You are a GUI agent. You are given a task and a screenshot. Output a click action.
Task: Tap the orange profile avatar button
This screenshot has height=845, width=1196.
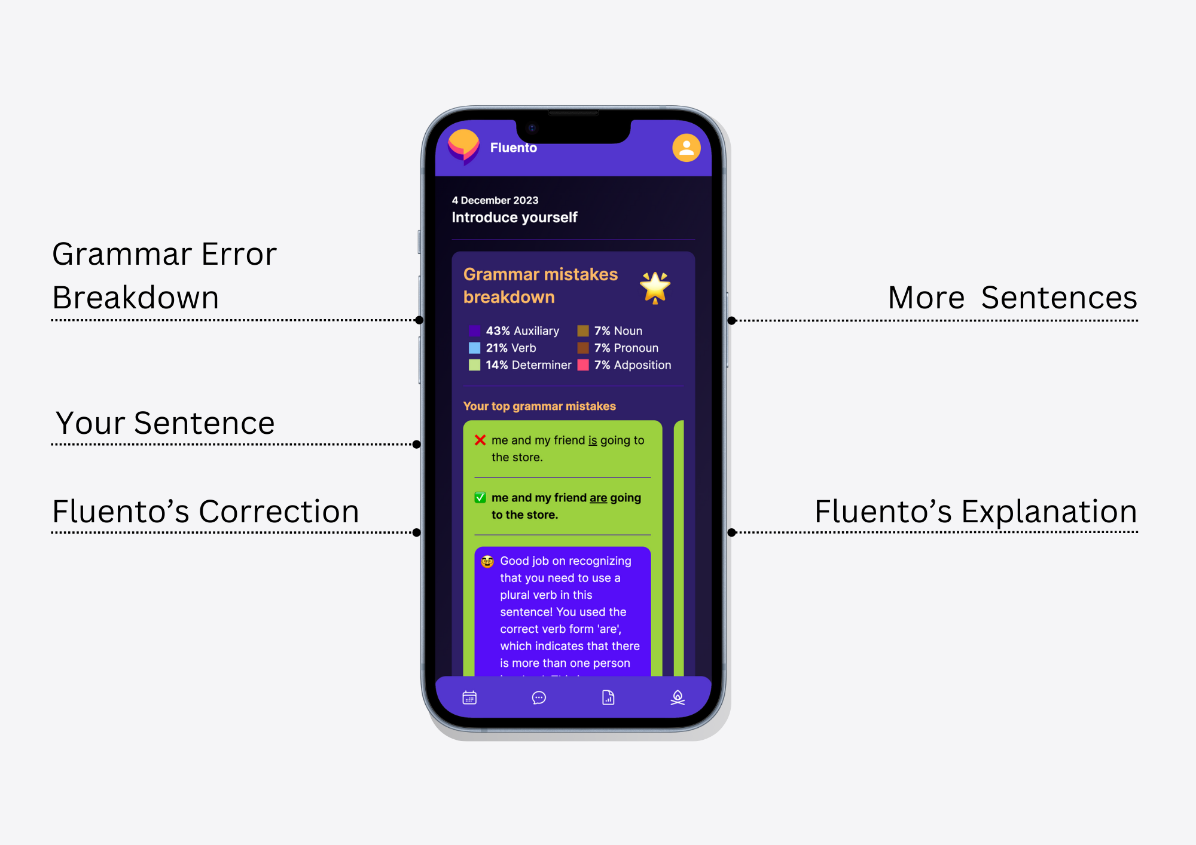coord(686,148)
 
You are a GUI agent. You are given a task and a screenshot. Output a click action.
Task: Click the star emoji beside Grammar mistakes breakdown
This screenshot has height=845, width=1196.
coord(655,287)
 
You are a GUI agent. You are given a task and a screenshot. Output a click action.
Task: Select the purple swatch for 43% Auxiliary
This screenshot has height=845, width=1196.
coord(474,331)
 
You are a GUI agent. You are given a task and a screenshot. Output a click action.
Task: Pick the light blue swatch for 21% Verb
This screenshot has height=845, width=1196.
coord(474,348)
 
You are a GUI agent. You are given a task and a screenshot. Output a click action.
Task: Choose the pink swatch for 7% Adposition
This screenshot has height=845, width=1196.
coord(583,365)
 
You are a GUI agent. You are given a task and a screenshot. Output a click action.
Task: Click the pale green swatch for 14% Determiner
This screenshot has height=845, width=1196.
coord(474,365)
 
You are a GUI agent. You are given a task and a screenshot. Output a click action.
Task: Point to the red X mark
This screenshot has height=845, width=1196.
coord(480,440)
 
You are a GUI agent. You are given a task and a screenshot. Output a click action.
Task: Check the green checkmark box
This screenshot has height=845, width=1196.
coord(480,498)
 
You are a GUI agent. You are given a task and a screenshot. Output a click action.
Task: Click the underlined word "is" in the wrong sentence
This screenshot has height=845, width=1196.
coord(593,440)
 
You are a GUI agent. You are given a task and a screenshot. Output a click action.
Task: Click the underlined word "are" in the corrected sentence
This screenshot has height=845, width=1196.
coord(598,498)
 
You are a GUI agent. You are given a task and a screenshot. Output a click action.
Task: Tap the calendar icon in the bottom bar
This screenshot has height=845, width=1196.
coord(469,697)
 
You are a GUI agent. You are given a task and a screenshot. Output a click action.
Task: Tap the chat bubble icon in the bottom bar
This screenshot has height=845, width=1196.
coord(539,697)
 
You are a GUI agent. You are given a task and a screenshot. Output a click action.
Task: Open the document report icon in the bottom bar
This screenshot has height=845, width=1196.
coord(608,697)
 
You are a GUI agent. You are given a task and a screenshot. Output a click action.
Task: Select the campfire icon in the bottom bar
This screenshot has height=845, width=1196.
coord(678,697)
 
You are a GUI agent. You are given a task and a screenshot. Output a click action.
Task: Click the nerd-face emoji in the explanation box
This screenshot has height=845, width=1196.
coord(487,561)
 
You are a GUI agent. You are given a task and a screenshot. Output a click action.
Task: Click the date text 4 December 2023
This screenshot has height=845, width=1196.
coord(495,200)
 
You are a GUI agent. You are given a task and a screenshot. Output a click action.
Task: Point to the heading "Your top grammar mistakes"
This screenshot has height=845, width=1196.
coord(539,406)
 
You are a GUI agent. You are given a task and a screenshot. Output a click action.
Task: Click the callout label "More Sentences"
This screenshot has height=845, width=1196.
coord(1012,298)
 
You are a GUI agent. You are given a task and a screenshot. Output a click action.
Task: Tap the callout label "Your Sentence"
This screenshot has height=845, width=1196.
coord(165,423)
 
